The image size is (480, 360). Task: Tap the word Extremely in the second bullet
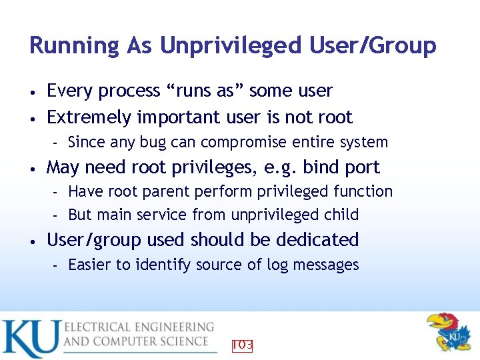pyautogui.click(x=89, y=118)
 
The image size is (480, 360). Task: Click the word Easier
pyautogui.click(x=90, y=265)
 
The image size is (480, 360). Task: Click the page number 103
pyautogui.click(x=242, y=345)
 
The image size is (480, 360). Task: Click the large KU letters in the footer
pyautogui.click(x=30, y=339)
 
